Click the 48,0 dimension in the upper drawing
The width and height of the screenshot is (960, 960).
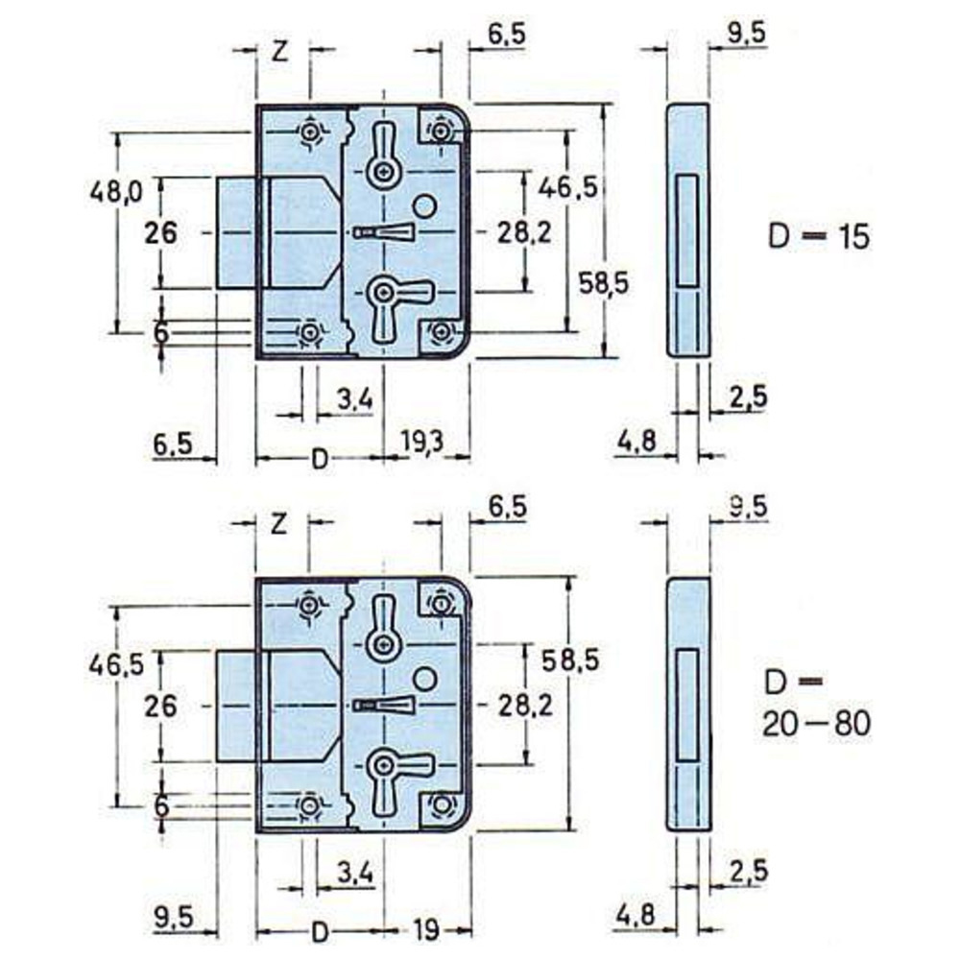click(116, 192)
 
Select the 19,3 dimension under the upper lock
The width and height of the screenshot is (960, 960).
click(422, 441)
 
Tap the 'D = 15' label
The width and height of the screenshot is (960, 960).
click(819, 236)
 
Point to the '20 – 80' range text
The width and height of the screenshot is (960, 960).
click(816, 725)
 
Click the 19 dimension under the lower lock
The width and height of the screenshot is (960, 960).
click(425, 930)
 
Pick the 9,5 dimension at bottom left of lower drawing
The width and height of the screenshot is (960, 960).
click(173, 917)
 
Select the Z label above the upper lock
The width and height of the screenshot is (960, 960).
click(279, 52)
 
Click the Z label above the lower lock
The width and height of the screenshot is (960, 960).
click(279, 524)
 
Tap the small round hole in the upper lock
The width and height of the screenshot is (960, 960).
click(423, 205)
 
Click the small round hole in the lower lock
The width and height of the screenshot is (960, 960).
click(423, 679)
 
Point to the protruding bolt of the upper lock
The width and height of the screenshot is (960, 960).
click(236, 232)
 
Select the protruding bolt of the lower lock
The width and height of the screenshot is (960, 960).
click(236, 706)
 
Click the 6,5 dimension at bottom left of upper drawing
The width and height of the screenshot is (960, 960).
click(173, 443)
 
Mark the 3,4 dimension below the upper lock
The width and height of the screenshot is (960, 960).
click(355, 399)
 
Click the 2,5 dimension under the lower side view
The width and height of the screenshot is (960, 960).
click(748, 870)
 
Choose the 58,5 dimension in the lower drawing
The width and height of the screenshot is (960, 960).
click(570, 660)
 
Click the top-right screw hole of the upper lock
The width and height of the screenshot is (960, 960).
click(440, 131)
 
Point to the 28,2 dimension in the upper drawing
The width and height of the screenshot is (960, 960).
click(524, 232)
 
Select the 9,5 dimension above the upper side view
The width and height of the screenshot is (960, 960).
click(747, 34)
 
